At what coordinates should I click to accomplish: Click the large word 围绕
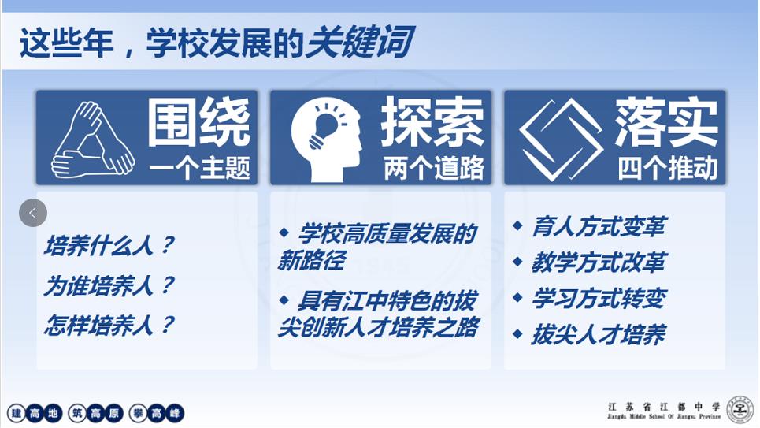tap(199, 122)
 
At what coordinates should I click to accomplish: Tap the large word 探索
tap(432, 122)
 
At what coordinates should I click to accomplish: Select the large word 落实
tap(666, 122)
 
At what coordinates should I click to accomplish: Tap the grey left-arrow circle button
tap(33, 213)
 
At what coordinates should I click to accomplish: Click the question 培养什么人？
tap(109, 245)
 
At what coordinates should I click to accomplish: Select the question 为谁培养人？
tap(109, 285)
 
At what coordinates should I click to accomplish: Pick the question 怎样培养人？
tap(109, 325)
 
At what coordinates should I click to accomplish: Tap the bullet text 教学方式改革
tap(599, 262)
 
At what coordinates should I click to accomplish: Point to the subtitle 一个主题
tap(200, 168)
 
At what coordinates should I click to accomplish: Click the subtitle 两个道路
tap(434, 168)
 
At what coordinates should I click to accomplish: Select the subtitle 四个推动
tap(668, 168)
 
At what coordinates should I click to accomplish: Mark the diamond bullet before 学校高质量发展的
tap(284, 233)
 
